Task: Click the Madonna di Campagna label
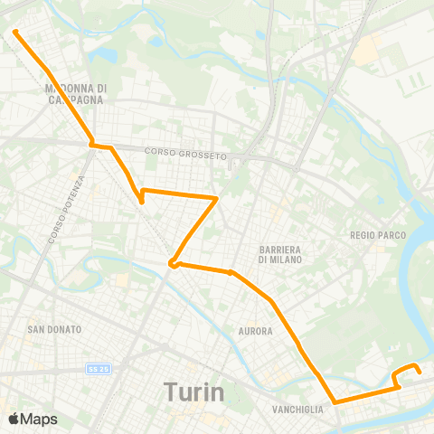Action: [x=76, y=94]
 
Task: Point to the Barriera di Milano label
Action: [x=280, y=253]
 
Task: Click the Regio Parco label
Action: [x=377, y=235]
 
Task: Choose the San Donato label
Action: [x=54, y=329]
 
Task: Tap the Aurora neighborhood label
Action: [x=255, y=331]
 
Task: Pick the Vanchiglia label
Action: [x=297, y=410]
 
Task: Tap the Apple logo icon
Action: [x=14, y=419]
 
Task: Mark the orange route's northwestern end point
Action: [x=15, y=33]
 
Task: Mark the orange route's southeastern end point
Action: [x=419, y=370]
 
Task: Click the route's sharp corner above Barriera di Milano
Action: [x=217, y=197]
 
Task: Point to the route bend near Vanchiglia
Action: [x=335, y=401]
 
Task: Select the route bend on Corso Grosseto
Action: [x=91, y=143]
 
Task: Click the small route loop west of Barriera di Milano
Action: [x=172, y=264]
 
